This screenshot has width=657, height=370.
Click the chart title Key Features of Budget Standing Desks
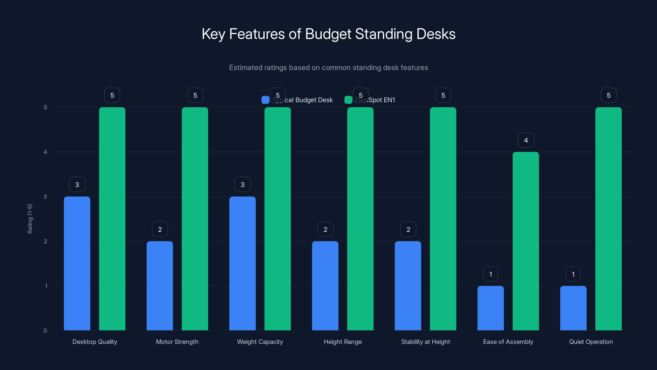[x=328, y=34]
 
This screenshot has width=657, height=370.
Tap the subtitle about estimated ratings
[x=328, y=68]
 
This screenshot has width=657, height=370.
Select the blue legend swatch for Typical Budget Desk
[x=265, y=100]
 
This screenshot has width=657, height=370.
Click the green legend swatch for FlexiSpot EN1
[x=348, y=100]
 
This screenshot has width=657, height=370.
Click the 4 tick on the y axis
[x=45, y=152]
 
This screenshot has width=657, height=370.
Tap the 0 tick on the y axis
[x=45, y=331]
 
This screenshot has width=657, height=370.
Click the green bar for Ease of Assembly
[x=526, y=241]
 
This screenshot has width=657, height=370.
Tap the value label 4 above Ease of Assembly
[x=526, y=140]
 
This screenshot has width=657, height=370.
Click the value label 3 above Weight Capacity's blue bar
[x=242, y=185]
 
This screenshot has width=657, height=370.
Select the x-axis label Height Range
[x=343, y=342]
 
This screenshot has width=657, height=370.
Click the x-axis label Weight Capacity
[x=260, y=342]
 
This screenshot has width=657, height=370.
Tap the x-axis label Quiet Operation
[x=591, y=342]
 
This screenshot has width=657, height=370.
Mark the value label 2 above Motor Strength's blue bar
[x=160, y=229]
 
